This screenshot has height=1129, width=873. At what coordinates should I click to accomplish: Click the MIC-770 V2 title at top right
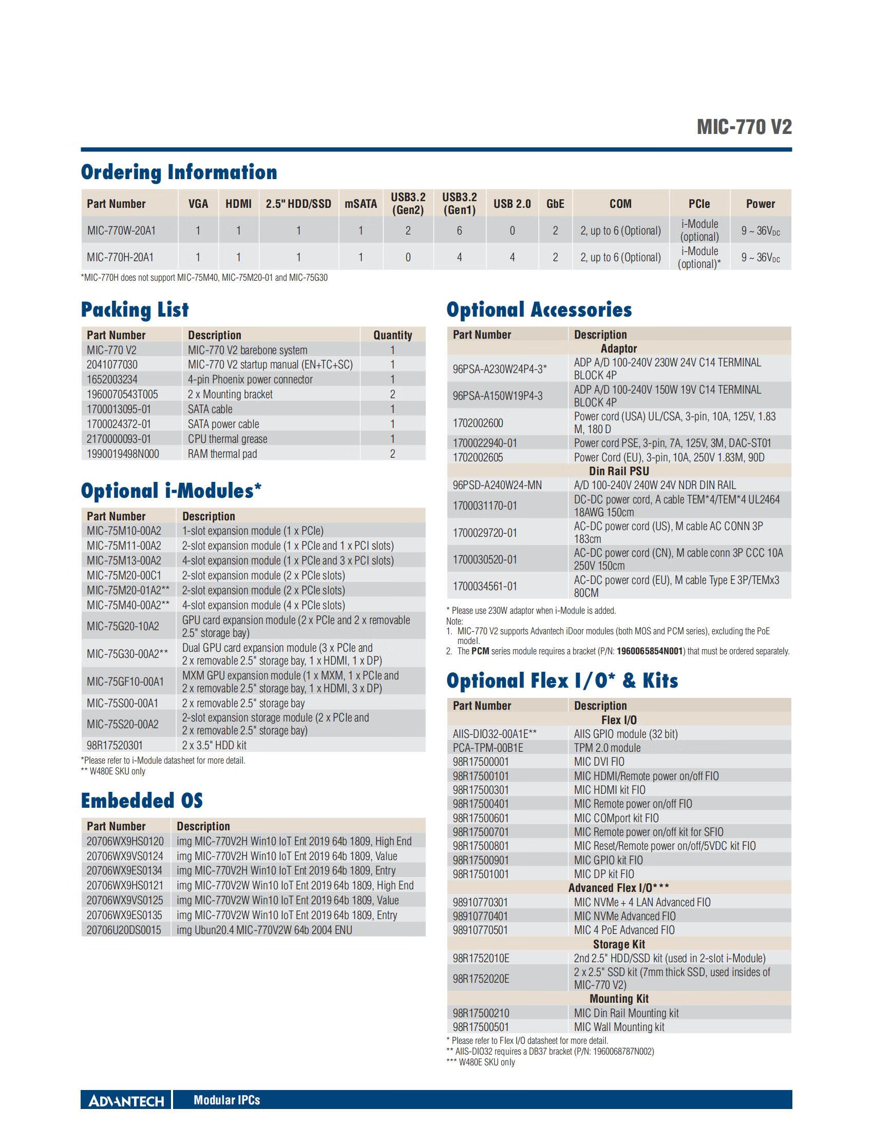point(744,127)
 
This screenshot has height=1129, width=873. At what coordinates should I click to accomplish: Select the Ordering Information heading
point(179,172)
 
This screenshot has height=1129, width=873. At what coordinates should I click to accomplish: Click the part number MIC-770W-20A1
point(121,230)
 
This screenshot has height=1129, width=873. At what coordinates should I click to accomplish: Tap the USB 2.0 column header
point(511,204)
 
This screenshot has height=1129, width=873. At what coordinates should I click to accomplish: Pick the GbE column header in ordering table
point(555,204)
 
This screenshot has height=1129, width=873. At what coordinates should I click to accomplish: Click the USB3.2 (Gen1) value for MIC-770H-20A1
point(459,258)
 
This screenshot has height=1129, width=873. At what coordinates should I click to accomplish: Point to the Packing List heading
point(135,309)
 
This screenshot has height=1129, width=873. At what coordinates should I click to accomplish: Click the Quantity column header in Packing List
point(392,335)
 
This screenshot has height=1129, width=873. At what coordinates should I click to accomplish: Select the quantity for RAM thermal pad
point(392,454)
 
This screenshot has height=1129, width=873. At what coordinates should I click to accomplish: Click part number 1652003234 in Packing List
point(112,379)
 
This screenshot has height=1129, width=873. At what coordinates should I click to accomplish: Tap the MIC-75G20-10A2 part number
point(123,627)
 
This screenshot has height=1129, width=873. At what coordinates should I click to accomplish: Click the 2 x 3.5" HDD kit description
point(214,746)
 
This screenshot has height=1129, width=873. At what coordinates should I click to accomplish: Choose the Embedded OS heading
point(142,801)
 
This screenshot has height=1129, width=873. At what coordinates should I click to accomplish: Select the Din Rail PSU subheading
point(619,471)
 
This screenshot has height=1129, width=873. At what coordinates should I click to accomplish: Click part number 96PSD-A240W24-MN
point(497,485)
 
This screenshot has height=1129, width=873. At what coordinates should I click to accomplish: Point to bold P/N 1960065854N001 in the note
point(650,651)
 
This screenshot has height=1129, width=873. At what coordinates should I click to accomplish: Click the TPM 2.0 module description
point(607,748)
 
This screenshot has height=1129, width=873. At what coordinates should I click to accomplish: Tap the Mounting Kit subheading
point(619,999)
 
